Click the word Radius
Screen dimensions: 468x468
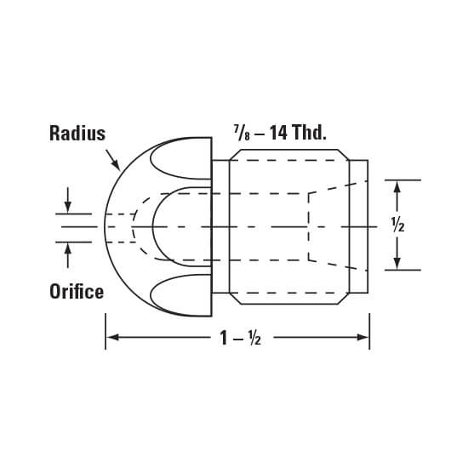coord(77,134)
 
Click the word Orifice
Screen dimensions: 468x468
coord(76,292)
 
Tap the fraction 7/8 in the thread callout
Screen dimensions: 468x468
coord(239,133)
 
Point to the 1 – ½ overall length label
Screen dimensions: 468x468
coord(238,338)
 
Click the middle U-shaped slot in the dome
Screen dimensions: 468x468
coord(179,226)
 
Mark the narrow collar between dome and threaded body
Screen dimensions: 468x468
coord(220,226)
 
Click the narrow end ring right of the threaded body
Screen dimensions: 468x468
coord(358,226)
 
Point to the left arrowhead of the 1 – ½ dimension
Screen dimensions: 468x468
coord(110,338)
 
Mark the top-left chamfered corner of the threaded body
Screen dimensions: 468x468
coord(236,156)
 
